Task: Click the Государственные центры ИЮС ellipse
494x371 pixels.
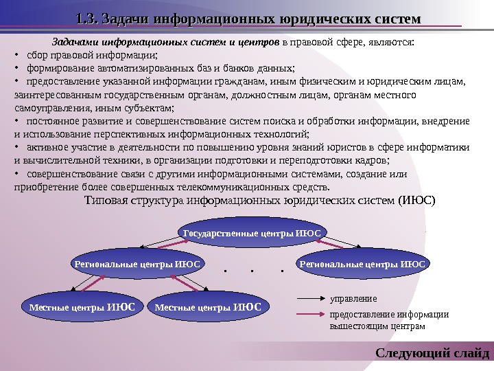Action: pos(252,234)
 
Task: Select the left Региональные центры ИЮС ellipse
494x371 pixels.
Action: pos(137,264)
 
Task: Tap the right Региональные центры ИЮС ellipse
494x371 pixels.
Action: pos(362,264)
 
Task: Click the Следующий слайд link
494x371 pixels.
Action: pos(433,355)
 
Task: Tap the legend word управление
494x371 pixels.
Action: pos(354,300)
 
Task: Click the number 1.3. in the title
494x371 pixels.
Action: pos(87,19)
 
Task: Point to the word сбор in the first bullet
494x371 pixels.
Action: pos(36,56)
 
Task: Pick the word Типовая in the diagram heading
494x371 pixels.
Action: pos(106,201)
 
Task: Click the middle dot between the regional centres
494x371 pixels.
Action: pos(252,270)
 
